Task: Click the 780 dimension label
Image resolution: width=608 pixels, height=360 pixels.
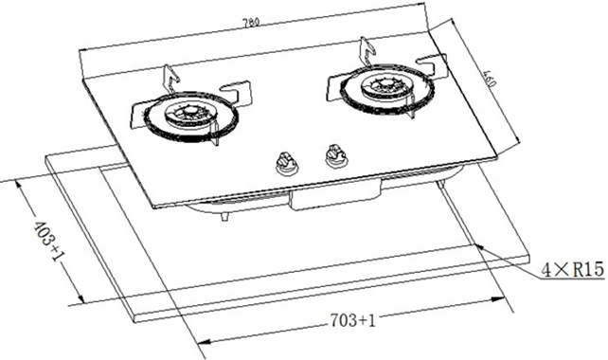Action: [251, 23]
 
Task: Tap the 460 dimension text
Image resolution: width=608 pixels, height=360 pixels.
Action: [490, 79]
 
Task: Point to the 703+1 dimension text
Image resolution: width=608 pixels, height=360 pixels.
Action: [353, 320]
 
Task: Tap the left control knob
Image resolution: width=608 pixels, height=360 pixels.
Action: [286, 163]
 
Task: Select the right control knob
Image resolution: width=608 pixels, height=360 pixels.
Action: [335, 156]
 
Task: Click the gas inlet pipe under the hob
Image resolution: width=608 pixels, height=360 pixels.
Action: [224, 216]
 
